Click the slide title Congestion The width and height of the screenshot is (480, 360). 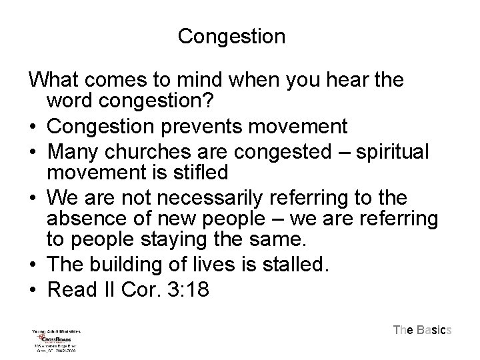coord(231,36)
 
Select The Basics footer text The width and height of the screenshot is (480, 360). coord(423,329)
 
